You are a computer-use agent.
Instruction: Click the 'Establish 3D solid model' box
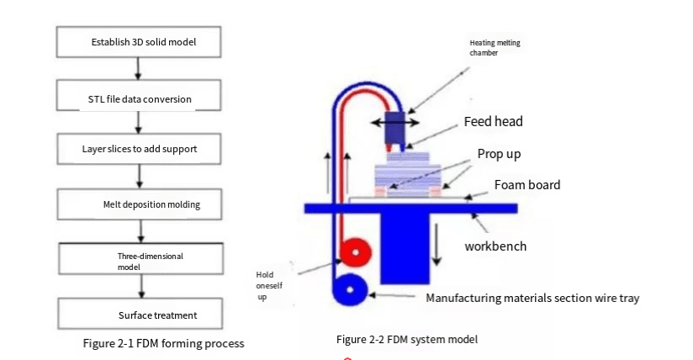click(140, 41)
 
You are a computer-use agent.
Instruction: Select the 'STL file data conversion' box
click(140, 98)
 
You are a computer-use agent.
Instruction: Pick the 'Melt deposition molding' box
click(140, 204)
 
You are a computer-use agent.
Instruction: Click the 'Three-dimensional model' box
click(140, 258)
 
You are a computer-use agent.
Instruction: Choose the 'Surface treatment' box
click(140, 315)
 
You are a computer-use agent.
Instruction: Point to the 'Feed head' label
click(493, 122)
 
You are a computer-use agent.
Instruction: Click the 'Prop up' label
click(499, 154)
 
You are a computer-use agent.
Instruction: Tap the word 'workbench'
click(495, 246)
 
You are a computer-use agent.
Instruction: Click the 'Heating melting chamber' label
click(490, 48)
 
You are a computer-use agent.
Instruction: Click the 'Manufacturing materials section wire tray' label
click(537, 298)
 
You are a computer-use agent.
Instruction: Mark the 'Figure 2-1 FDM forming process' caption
click(163, 343)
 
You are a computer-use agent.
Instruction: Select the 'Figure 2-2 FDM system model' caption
click(407, 339)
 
